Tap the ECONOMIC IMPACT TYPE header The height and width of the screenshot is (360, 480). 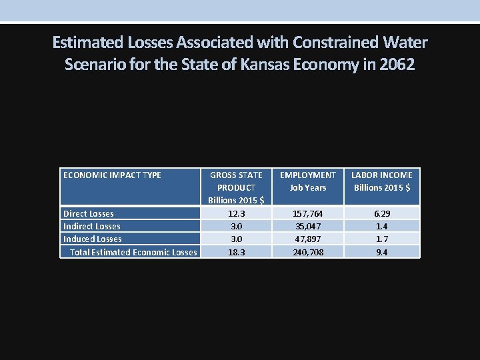112,175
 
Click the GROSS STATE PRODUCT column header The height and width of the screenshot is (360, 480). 236,187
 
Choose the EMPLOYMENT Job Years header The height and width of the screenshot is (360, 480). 307,181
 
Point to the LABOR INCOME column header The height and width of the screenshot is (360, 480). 382,181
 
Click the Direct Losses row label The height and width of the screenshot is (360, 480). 88,213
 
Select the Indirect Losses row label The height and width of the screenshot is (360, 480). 91,226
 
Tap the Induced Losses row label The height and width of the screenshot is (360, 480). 92,239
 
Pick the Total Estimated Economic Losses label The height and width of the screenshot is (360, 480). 133,252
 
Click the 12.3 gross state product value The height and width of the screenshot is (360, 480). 236,213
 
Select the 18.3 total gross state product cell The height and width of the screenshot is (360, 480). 236,252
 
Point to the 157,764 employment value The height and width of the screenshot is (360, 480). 307,213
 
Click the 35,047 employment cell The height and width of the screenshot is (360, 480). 307,226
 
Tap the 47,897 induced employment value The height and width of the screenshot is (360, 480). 307,239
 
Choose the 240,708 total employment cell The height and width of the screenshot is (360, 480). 307,252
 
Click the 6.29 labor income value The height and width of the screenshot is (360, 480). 382,213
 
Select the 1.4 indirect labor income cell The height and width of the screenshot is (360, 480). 382,226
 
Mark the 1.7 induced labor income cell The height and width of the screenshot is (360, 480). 382,239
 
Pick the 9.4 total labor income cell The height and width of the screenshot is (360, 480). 382,252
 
